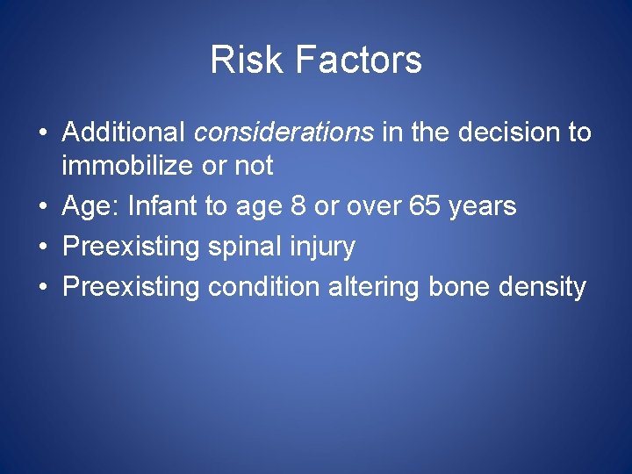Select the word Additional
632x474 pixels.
point(124,133)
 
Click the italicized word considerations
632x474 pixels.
point(284,133)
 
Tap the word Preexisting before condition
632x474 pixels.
point(132,288)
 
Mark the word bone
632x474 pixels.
point(457,287)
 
